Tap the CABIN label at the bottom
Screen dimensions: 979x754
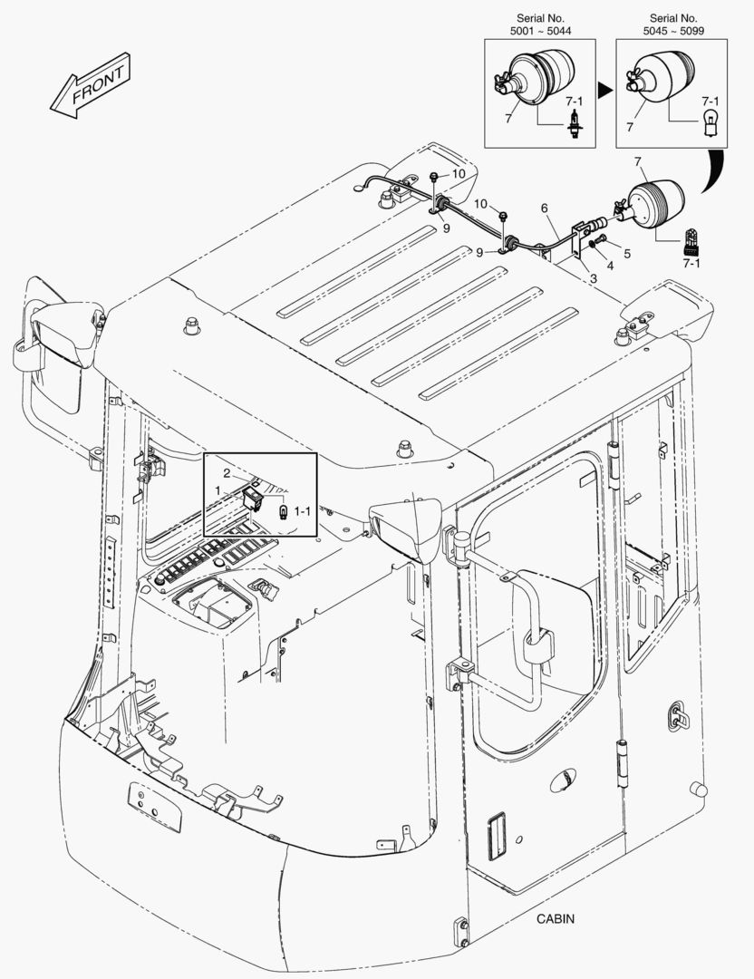point(555,918)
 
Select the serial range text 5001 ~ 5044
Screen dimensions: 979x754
point(540,31)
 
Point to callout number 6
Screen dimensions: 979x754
point(545,208)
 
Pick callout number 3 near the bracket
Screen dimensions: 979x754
point(593,278)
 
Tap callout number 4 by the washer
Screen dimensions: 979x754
point(610,267)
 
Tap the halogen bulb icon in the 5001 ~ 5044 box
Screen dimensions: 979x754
point(573,127)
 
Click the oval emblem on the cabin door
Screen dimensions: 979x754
point(562,778)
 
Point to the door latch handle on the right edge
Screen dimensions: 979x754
point(675,713)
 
